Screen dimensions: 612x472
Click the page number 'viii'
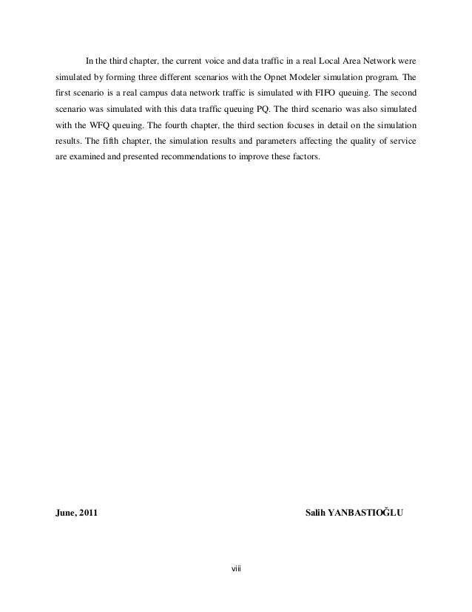pos(236,569)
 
